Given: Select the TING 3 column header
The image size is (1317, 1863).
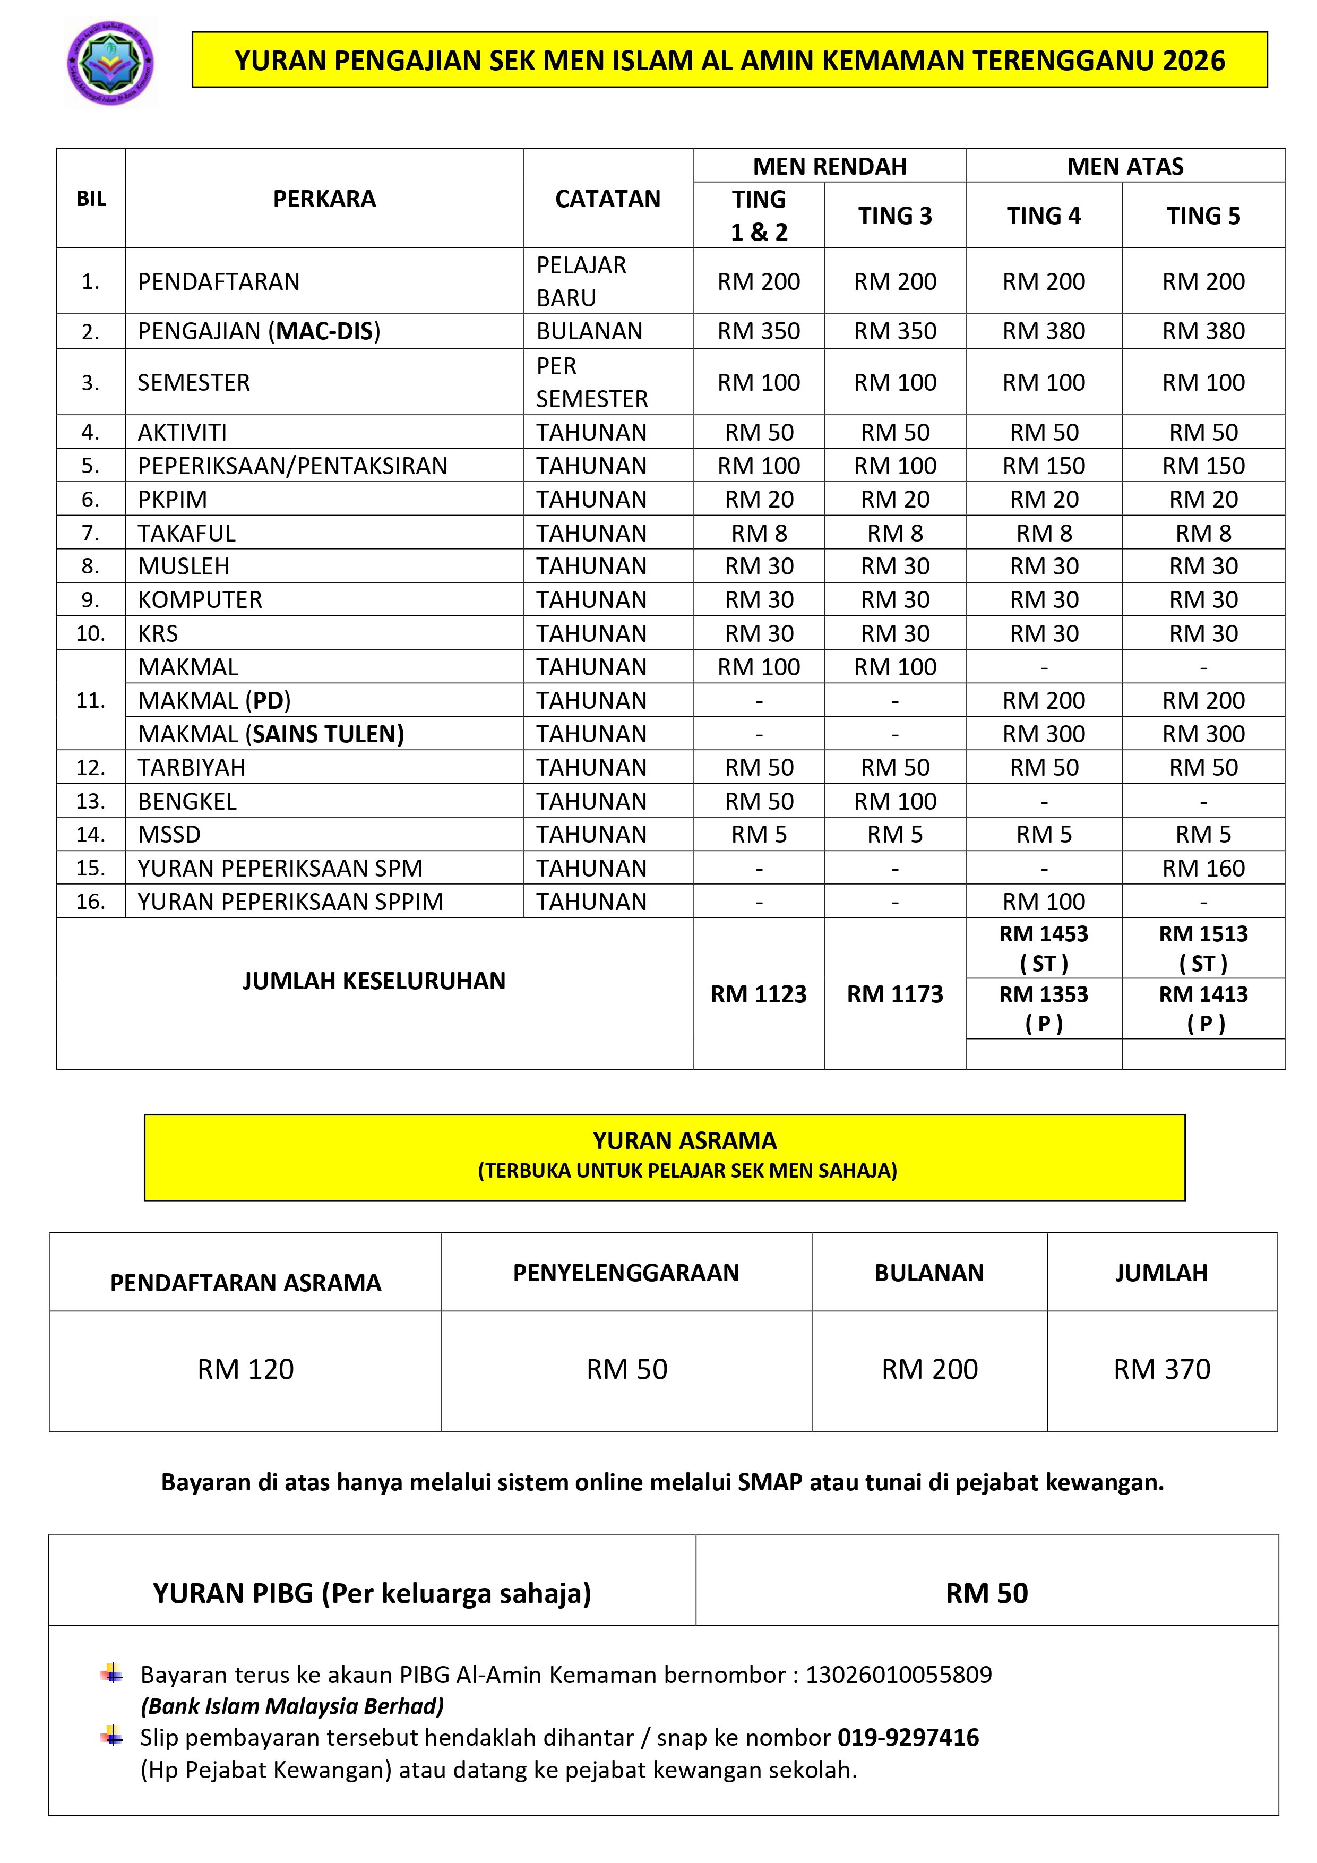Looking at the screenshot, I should [894, 216].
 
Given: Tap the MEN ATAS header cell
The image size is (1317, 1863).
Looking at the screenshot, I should [1125, 166].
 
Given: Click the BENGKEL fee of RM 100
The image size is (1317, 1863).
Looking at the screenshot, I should [894, 801].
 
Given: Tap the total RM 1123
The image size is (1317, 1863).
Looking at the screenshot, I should [758, 994].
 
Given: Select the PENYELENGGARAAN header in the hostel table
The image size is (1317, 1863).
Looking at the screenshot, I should [626, 1272].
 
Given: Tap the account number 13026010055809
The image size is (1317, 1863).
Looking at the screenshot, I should [898, 1675].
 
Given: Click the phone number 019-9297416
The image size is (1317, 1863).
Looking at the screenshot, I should [908, 1737].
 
